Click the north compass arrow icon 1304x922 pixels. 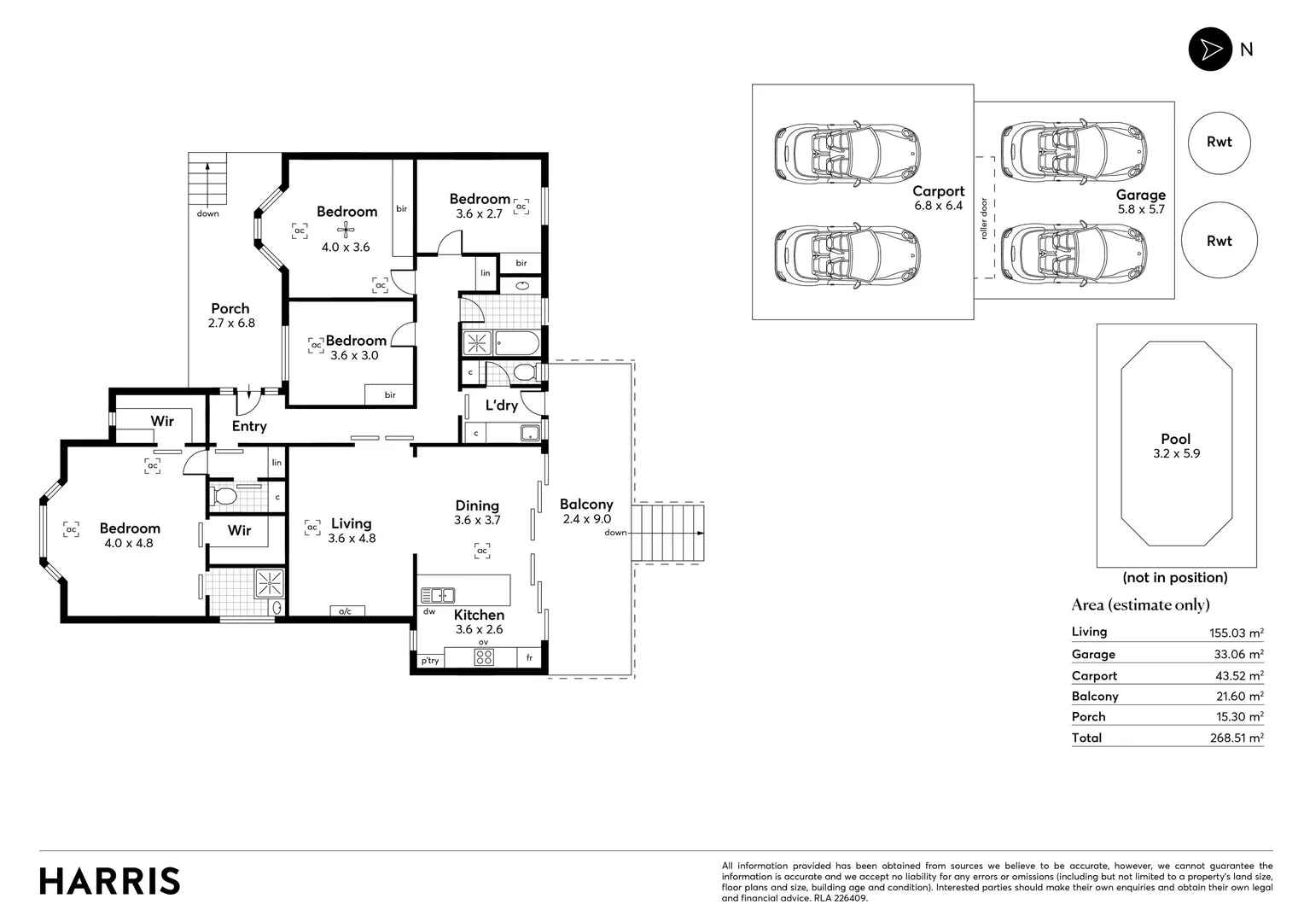pyautogui.click(x=1210, y=50)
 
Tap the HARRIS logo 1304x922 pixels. pyautogui.click(x=110, y=881)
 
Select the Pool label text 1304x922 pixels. pyautogui.click(x=1175, y=439)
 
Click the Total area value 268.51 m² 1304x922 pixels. pyautogui.click(x=1236, y=738)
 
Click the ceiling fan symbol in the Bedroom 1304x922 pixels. pyautogui.click(x=346, y=229)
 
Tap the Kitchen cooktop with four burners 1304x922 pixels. pyautogui.click(x=484, y=656)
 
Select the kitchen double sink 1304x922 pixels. pyautogui.click(x=437, y=595)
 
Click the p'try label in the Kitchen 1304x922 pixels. pyautogui.click(x=429, y=661)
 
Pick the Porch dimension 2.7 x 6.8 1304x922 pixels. pyautogui.click(x=231, y=324)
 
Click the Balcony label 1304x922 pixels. pyautogui.click(x=586, y=505)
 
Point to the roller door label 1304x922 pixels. pyautogui.click(x=984, y=219)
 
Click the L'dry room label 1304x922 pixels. pyautogui.click(x=502, y=406)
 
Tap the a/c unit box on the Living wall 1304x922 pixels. pyautogui.click(x=346, y=611)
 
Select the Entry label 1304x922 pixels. pyautogui.click(x=249, y=426)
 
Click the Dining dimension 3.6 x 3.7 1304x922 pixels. pyautogui.click(x=477, y=520)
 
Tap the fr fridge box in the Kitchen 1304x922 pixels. pyautogui.click(x=529, y=658)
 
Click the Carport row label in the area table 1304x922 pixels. pyautogui.click(x=1094, y=676)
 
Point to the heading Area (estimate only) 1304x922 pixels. pyautogui.click(x=1140, y=605)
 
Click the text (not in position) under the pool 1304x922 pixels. pyautogui.click(x=1175, y=578)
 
